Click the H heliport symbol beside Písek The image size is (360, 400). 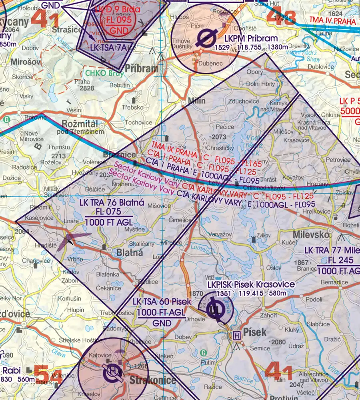[237, 336]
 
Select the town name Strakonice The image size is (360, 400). [152, 380]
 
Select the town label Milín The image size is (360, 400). [196, 101]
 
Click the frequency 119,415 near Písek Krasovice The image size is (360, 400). [252, 294]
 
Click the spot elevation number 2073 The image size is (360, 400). [219, 137]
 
